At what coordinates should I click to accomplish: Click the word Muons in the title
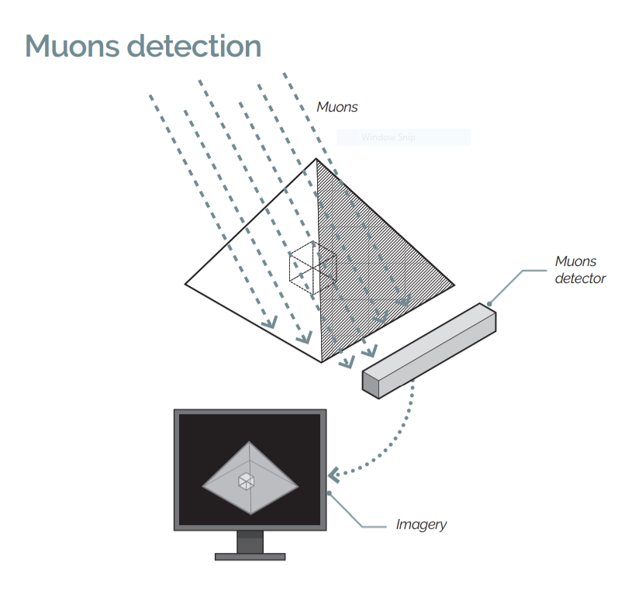pyautogui.click(x=71, y=46)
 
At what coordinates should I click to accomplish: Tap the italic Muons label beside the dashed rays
pyautogui.click(x=337, y=107)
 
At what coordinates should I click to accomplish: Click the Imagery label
pyautogui.click(x=421, y=524)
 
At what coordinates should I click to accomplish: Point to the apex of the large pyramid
pyautogui.click(x=316, y=159)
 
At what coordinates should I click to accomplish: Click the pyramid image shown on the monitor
pyautogui.click(x=250, y=477)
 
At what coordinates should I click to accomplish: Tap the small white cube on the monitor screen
pyautogui.click(x=246, y=481)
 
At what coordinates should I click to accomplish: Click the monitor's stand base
pyautogui.click(x=250, y=556)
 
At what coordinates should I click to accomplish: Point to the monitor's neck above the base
pyautogui.click(x=250, y=541)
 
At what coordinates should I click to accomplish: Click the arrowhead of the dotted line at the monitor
pyautogui.click(x=335, y=473)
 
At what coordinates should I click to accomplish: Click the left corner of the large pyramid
pyautogui.click(x=185, y=283)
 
